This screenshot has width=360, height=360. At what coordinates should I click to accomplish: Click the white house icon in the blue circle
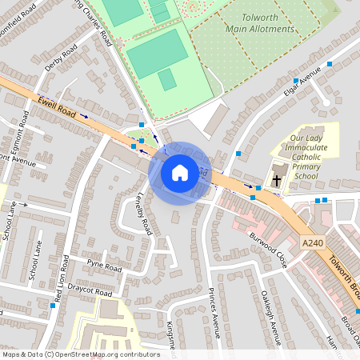tap(180, 172)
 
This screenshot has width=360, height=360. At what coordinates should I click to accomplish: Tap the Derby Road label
tap(61, 61)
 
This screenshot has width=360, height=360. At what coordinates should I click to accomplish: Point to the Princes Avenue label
tap(214, 308)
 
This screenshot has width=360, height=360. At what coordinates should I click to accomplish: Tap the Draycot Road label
tap(90, 293)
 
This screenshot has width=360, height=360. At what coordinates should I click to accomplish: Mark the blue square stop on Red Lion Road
tap(53, 306)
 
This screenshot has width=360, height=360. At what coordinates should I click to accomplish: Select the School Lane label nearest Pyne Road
tap(34, 261)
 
